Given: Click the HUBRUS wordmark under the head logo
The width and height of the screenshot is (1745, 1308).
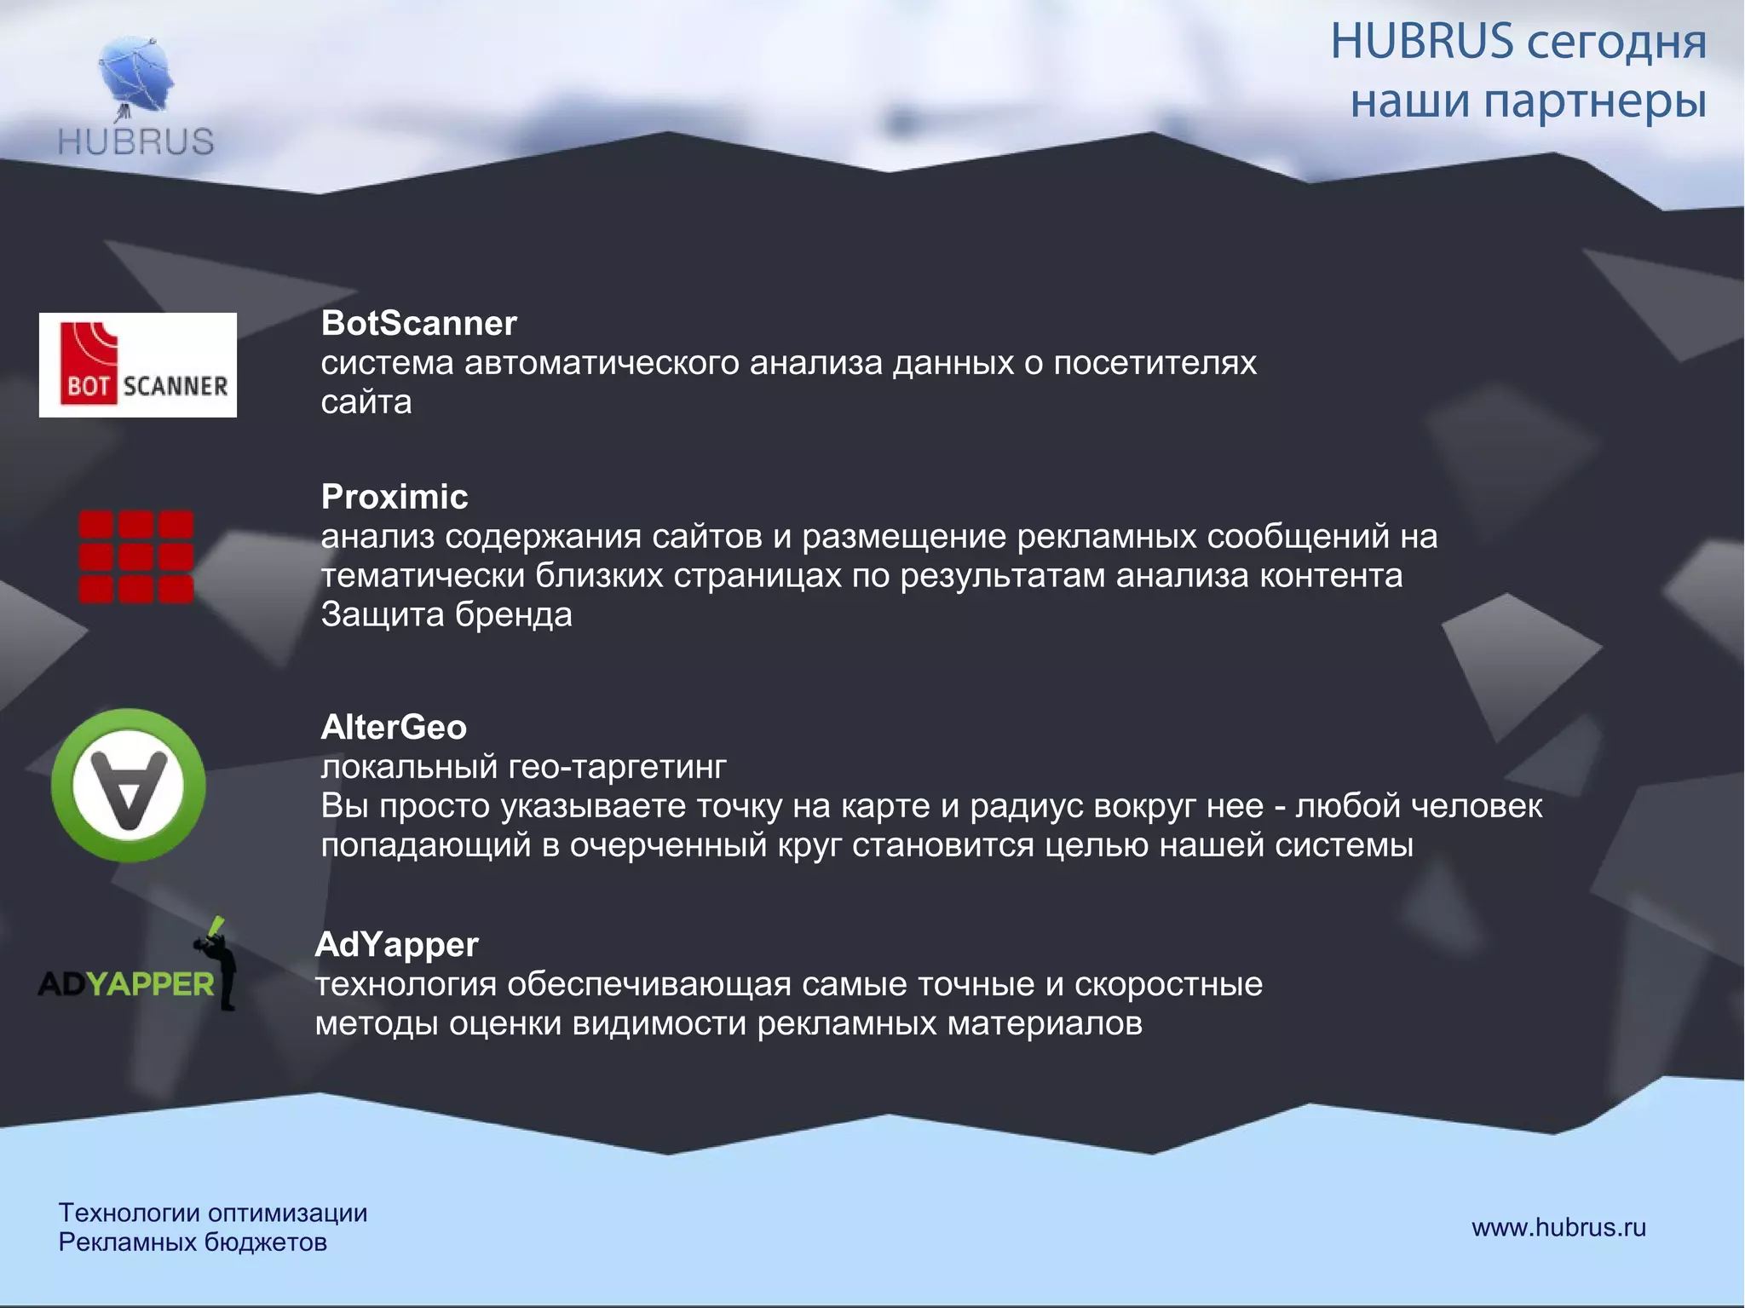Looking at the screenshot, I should click(x=136, y=141).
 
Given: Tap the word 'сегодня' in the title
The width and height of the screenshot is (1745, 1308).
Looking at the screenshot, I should click(x=1615, y=43).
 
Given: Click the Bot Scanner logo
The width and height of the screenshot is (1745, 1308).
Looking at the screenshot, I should click(x=138, y=365).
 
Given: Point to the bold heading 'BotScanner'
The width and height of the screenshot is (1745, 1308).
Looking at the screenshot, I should click(x=418, y=324).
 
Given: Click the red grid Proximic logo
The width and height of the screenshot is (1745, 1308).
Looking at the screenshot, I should click(x=136, y=556).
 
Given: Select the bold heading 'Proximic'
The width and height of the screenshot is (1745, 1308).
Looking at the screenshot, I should click(x=394, y=497).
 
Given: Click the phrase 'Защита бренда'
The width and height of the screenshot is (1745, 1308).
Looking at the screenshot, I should click(x=446, y=614).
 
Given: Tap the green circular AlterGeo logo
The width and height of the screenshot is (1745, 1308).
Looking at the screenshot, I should click(x=128, y=785).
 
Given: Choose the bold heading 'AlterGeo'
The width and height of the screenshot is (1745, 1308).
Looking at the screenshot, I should click(x=394, y=728).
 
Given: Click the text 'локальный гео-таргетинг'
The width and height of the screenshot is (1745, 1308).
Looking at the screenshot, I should click(x=523, y=767).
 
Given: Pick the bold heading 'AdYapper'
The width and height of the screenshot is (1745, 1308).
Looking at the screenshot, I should click(x=397, y=945).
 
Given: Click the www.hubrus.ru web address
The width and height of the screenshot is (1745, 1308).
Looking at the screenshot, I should click(x=1558, y=1227).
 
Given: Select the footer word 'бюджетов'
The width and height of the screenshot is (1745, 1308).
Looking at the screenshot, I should click(x=265, y=1242).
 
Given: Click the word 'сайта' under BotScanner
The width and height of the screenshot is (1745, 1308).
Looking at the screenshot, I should click(x=366, y=402).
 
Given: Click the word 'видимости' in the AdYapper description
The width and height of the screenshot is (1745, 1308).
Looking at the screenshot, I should click(x=659, y=1023).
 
